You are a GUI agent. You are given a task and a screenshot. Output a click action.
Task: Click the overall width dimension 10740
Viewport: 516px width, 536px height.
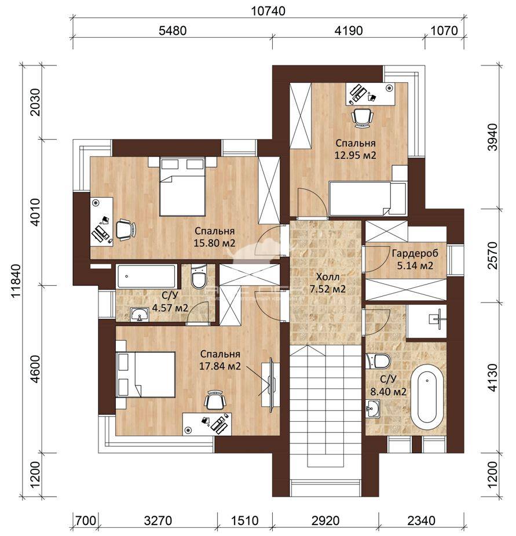pos(268,11)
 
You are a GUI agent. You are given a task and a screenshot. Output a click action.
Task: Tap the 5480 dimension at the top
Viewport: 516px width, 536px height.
pos(173,31)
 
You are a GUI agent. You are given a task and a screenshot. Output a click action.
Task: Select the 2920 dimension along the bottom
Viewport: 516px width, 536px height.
pos(325,520)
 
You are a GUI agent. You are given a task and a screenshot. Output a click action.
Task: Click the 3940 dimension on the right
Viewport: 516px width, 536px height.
pos(493,137)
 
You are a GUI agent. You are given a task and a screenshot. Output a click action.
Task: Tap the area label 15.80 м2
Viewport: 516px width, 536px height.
pos(215,243)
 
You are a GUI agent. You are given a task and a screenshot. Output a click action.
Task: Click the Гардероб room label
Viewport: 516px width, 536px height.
pos(415,254)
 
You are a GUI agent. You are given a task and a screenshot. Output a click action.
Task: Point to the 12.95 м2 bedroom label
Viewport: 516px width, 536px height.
pos(356,155)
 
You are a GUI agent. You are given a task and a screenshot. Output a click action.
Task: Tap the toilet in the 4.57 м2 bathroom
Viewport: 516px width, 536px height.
pos(198,276)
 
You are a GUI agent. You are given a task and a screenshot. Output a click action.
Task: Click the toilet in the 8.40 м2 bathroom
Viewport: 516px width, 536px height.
pos(378,361)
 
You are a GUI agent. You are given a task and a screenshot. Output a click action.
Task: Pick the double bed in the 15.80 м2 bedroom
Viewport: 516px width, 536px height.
pos(182,187)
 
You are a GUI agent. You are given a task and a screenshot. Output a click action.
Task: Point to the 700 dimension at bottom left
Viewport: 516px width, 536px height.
pos(86,520)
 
